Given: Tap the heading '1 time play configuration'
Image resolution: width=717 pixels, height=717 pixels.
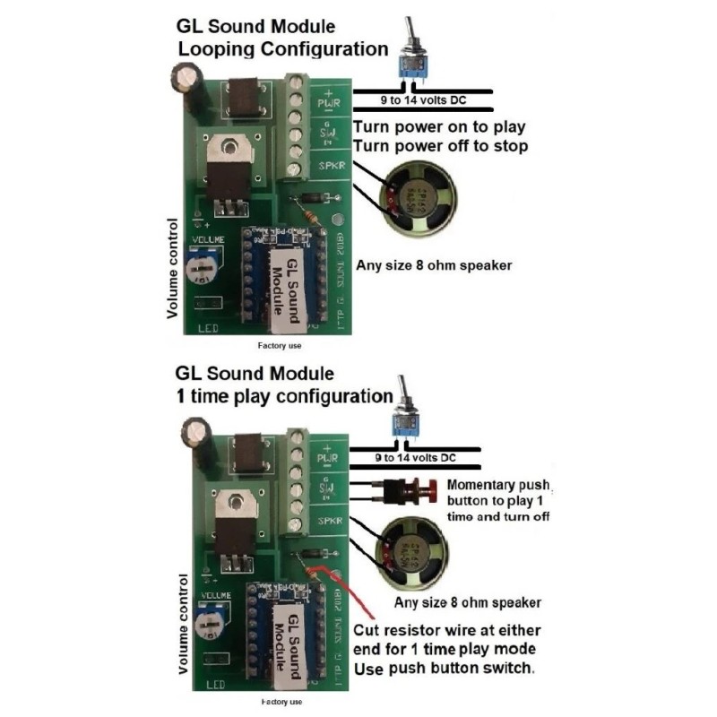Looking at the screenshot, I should (282, 395).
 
